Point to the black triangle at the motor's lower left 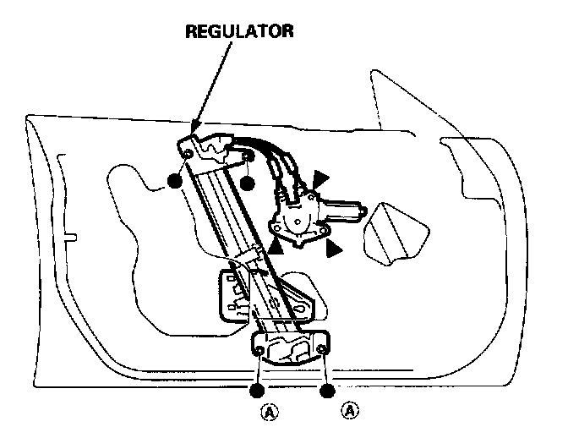pos(276,247)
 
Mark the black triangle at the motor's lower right pos(333,248)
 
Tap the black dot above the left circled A pos(256,391)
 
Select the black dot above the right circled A pos(327,391)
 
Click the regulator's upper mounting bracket pos(216,150)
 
